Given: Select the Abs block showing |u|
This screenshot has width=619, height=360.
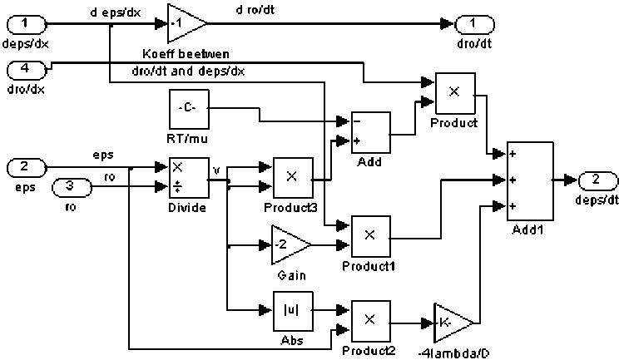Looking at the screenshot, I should point(292,311).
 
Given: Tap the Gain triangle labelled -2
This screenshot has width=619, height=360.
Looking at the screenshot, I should point(290,244).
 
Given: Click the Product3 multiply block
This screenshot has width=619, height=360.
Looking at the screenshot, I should point(292,175).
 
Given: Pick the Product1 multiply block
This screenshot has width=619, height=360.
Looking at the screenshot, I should point(370,235).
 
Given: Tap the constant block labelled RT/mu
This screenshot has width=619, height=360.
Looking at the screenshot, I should point(189,108).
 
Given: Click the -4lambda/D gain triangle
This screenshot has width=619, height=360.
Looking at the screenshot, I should point(451,321).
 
